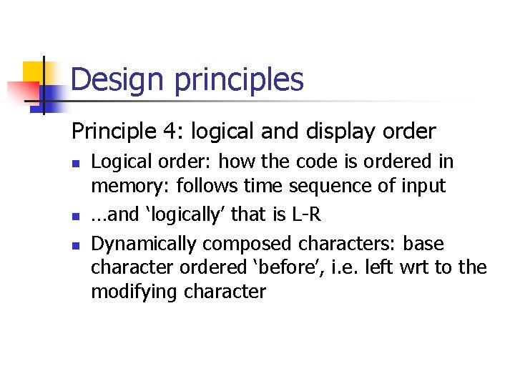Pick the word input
tap(423, 186)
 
